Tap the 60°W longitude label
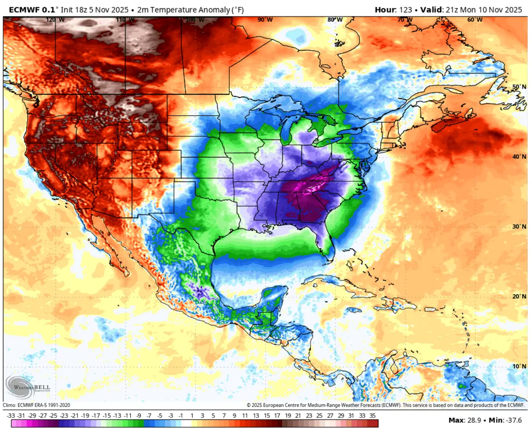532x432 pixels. pyautogui.click(x=474, y=19)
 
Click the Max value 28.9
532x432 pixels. pyautogui.click(x=474, y=420)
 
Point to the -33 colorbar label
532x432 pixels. pyautogui.click(x=11, y=416)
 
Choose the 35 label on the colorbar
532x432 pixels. pyautogui.click(x=372, y=416)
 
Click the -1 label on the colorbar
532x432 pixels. pyautogui.click(x=181, y=416)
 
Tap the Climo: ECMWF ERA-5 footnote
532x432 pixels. pyautogui.click(x=37, y=405)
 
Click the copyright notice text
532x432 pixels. pyautogui.click(x=385, y=405)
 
